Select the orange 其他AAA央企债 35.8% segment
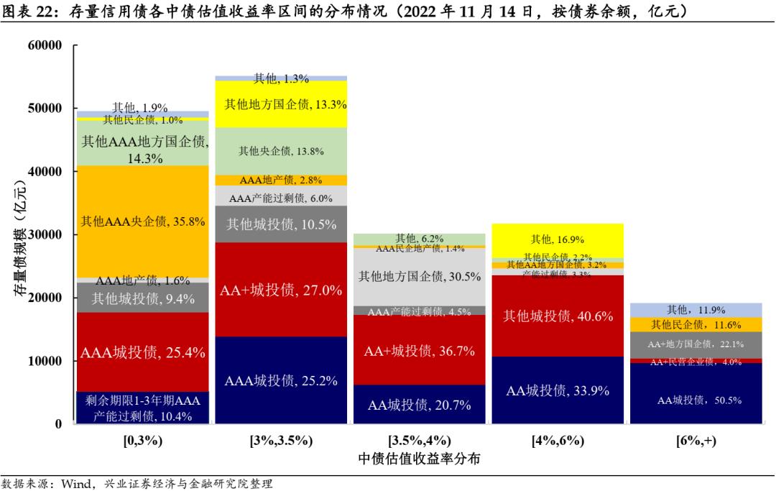coord(143,221)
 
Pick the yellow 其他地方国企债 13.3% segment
coord(281,104)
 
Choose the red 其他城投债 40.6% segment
coord(558,316)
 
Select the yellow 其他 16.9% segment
coord(558,239)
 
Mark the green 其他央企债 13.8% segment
coord(281,151)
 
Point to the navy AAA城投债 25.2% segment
coord(281,381)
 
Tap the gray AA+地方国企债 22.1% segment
coord(696,344)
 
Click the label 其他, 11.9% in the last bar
coord(696,310)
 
